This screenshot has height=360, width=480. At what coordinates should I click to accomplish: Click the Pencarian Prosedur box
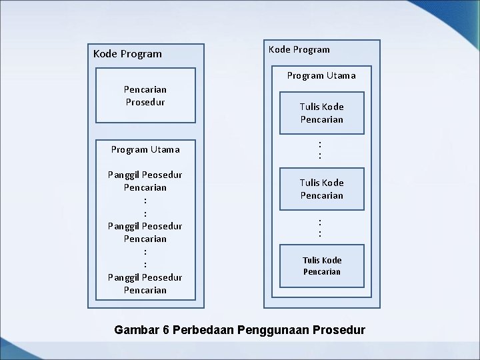(145, 95)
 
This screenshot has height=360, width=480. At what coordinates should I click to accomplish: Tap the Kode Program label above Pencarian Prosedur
(127, 53)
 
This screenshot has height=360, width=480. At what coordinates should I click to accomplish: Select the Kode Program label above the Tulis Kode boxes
(299, 49)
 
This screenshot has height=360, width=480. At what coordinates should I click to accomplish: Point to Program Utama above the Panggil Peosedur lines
(145, 149)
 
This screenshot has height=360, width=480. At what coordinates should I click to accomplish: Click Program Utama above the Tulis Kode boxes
(321, 75)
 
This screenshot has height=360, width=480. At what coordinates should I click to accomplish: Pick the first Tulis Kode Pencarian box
(321, 113)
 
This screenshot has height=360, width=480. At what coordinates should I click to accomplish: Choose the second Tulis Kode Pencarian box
(321, 189)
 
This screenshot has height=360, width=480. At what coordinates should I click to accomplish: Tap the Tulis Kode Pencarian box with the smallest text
(321, 265)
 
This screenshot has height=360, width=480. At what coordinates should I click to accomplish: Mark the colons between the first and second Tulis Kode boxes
(321, 149)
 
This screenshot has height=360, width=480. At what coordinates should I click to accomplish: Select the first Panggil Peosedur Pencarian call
(145, 181)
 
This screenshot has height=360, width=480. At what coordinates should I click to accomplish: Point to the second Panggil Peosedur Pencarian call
(145, 232)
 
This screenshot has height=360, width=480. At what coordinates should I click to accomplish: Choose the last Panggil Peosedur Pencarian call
(145, 283)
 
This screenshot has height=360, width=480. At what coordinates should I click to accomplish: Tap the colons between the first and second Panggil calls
(145, 207)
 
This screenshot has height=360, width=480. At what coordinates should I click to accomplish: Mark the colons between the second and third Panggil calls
(145, 258)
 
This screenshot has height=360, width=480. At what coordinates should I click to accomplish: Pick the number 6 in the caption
(165, 329)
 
